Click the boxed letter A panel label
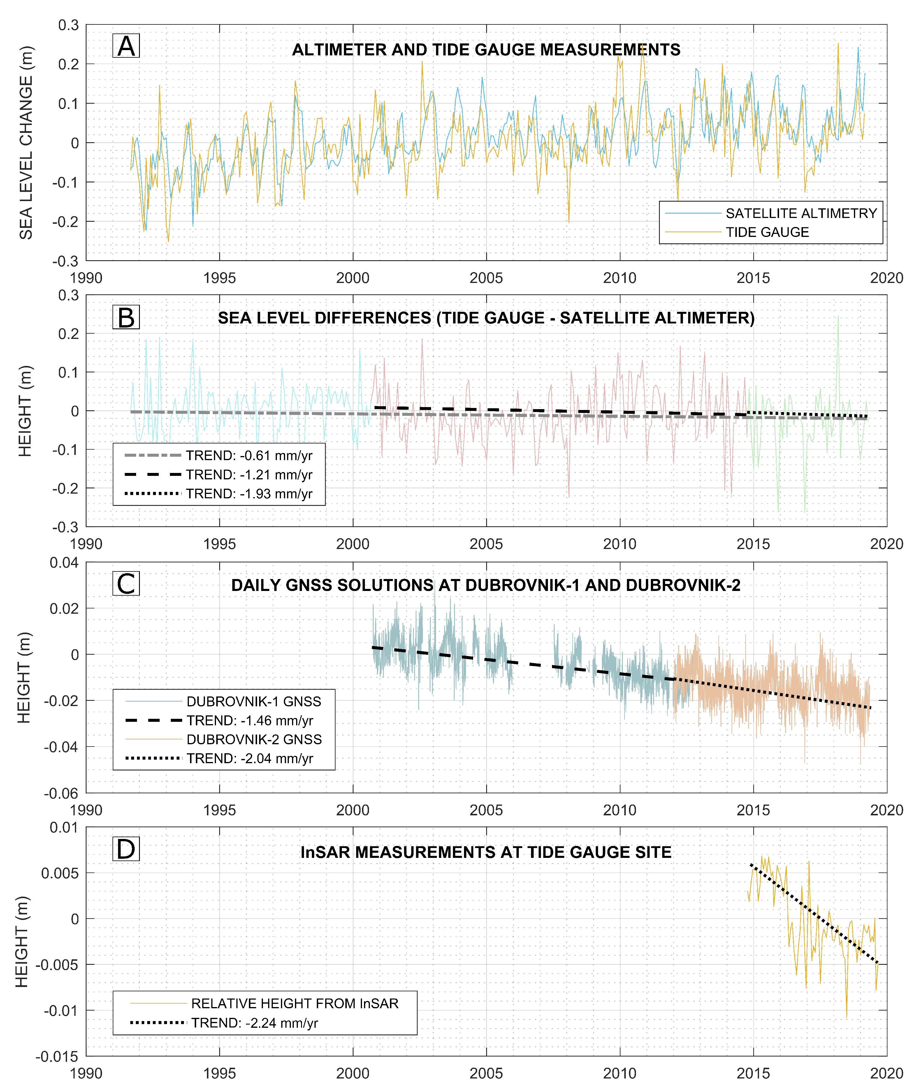tap(126, 46)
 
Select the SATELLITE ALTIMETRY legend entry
tap(801, 213)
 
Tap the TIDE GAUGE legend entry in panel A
tap(767, 232)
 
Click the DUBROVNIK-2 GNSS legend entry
tap(254, 739)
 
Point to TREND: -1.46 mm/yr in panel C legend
tap(249, 720)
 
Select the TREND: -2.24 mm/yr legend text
tap(254, 1023)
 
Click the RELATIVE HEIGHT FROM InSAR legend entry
tap(294, 1003)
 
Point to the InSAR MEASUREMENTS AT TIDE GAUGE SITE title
tap(486, 852)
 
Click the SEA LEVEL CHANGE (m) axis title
tap(26, 142)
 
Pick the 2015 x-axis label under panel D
tap(753, 1073)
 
